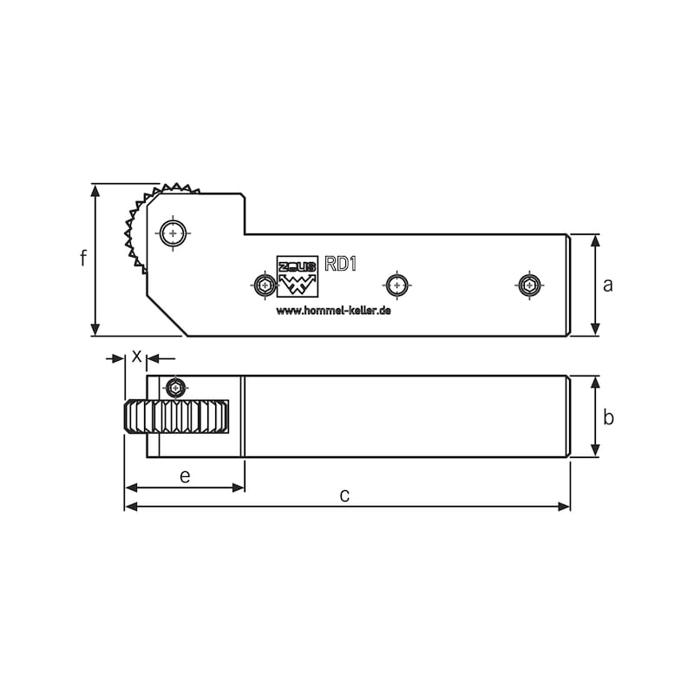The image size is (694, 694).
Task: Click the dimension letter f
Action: click(83, 258)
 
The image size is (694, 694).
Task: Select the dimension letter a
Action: click(608, 285)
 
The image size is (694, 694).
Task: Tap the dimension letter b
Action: click(609, 417)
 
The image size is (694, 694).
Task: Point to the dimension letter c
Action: click(344, 495)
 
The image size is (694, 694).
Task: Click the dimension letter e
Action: click(185, 476)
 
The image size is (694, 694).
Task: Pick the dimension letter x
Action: click(137, 356)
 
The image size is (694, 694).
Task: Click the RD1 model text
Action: click(340, 264)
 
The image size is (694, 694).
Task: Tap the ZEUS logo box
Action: click(298, 276)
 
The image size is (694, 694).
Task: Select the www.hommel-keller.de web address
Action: click(334, 311)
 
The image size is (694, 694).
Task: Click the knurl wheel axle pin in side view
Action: click(173, 232)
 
